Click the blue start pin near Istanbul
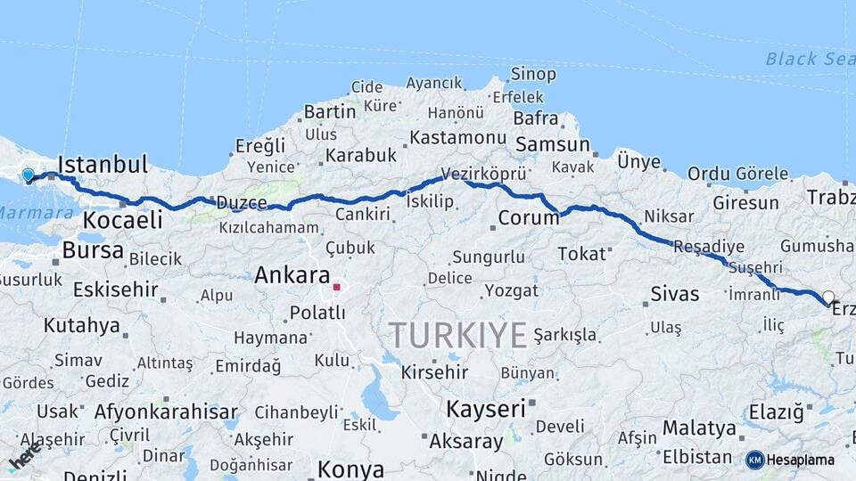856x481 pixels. click(x=28, y=175)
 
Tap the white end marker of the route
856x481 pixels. click(x=828, y=298)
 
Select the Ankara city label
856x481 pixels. click(x=292, y=275)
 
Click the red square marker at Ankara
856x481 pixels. click(x=336, y=287)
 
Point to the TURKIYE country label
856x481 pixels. click(x=457, y=335)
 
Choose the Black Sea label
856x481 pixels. click(x=809, y=59)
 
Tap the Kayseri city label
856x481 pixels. click(x=485, y=409)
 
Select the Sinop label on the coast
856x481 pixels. click(x=533, y=74)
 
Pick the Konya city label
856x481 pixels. click(x=350, y=469)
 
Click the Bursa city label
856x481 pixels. click(x=93, y=250)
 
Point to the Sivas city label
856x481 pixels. click(x=674, y=294)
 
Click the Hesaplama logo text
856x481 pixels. click(x=800, y=460)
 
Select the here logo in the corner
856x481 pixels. click(x=24, y=459)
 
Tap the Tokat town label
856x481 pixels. click(x=581, y=255)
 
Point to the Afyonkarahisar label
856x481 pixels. click(x=166, y=412)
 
